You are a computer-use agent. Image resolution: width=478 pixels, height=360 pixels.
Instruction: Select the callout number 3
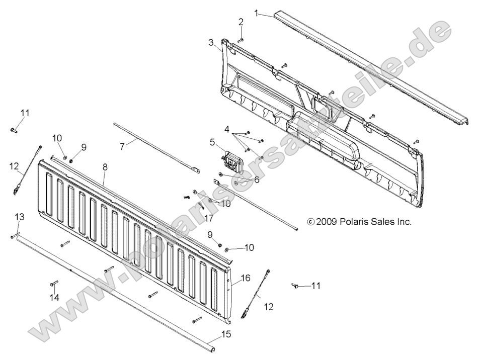211,43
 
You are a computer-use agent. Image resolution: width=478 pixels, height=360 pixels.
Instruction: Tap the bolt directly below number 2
241,39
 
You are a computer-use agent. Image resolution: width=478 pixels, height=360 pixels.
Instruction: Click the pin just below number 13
14,235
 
